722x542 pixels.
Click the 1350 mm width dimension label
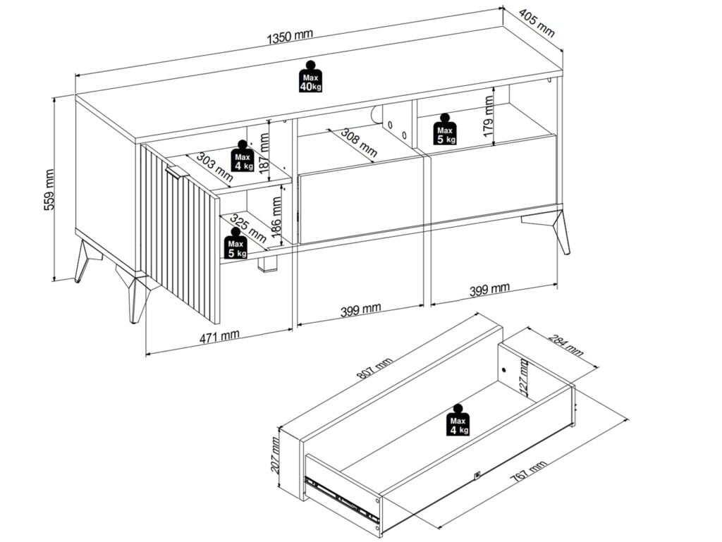coord(290,37)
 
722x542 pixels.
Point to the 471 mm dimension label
coord(219,336)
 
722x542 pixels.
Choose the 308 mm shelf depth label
coord(359,142)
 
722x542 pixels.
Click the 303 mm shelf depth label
coord(215,166)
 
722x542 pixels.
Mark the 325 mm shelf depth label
coord(248,227)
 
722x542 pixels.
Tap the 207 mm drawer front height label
coord(275,455)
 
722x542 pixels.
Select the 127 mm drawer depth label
coord(524,376)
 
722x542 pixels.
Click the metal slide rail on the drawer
coord(341,499)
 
